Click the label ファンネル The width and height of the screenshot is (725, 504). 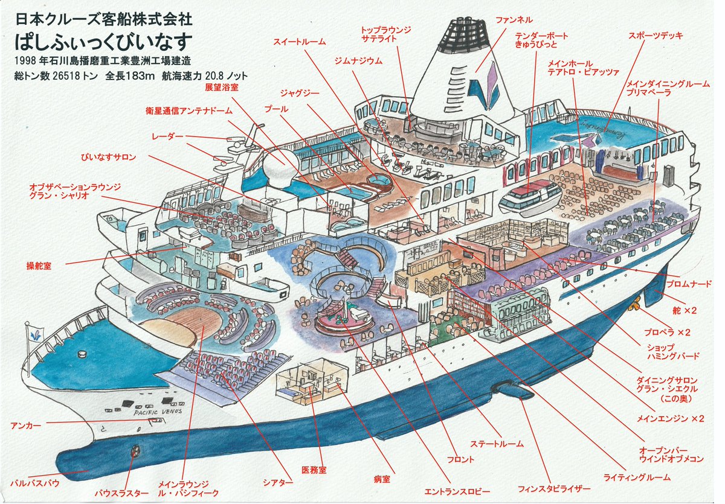point(514,21)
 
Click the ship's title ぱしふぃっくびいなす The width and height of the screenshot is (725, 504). point(104,41)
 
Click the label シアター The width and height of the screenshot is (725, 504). point(278,483)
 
